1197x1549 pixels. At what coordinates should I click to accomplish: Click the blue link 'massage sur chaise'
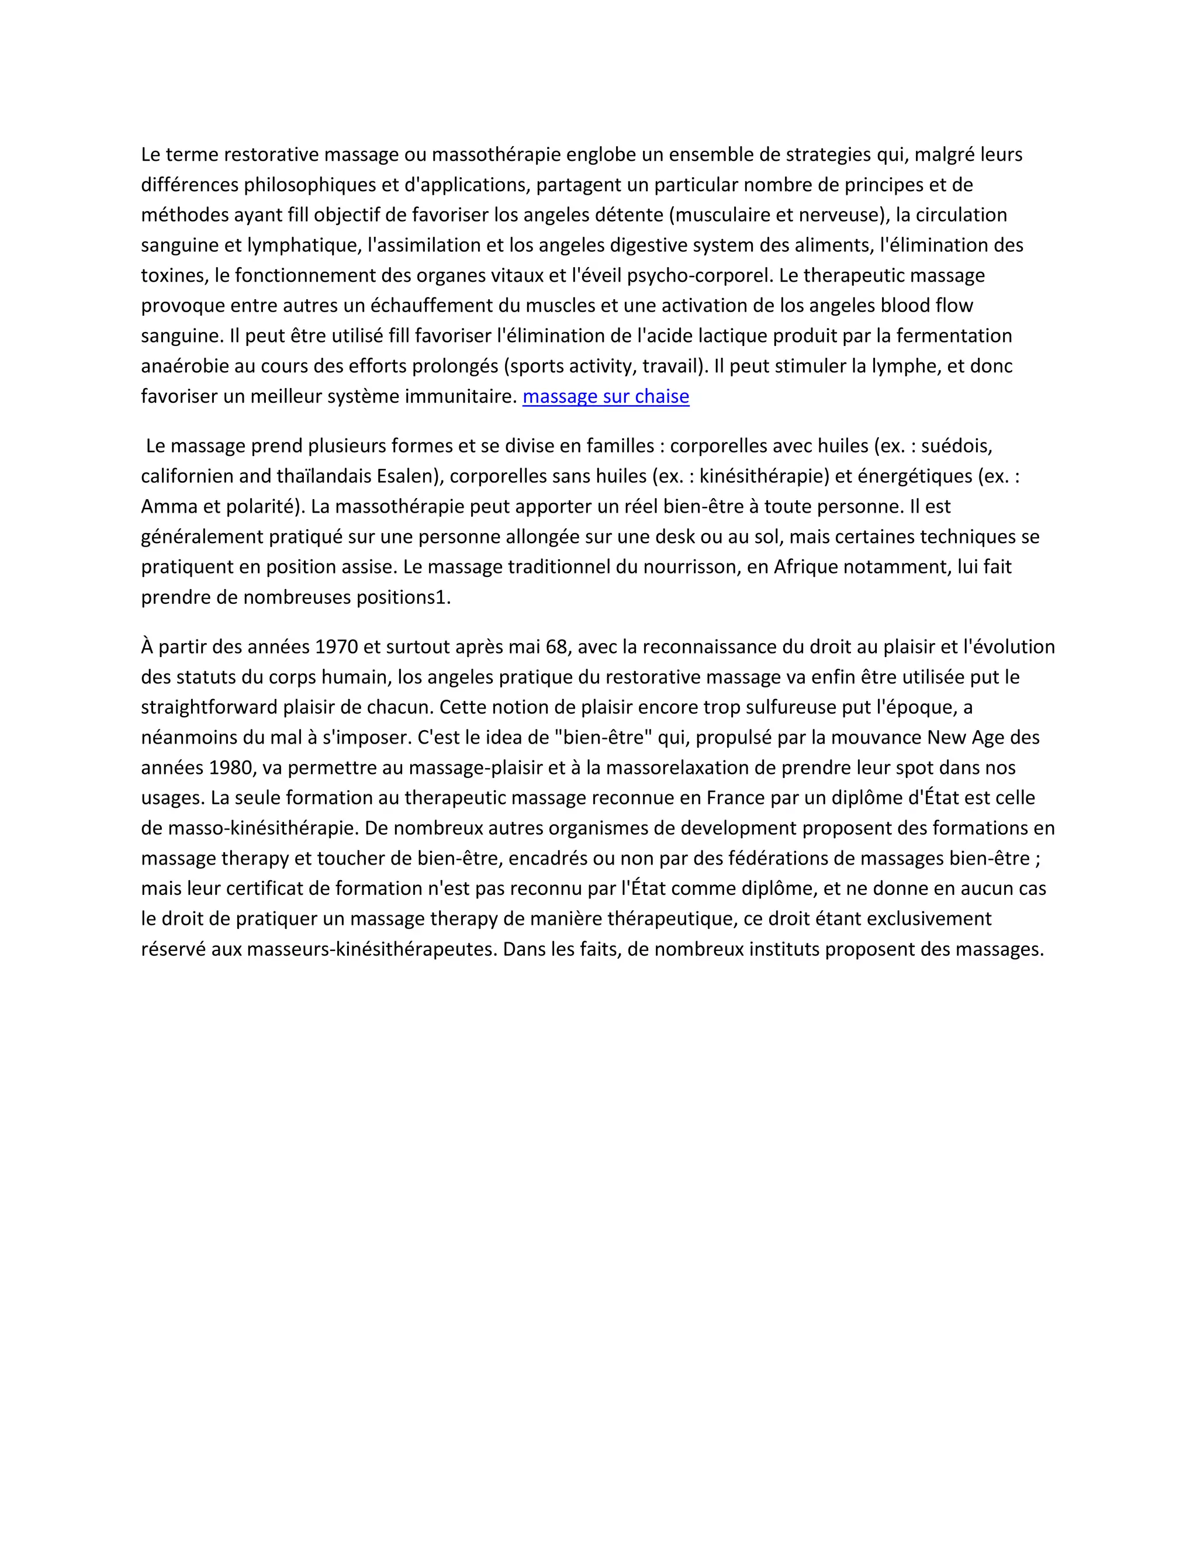coord(606,396)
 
